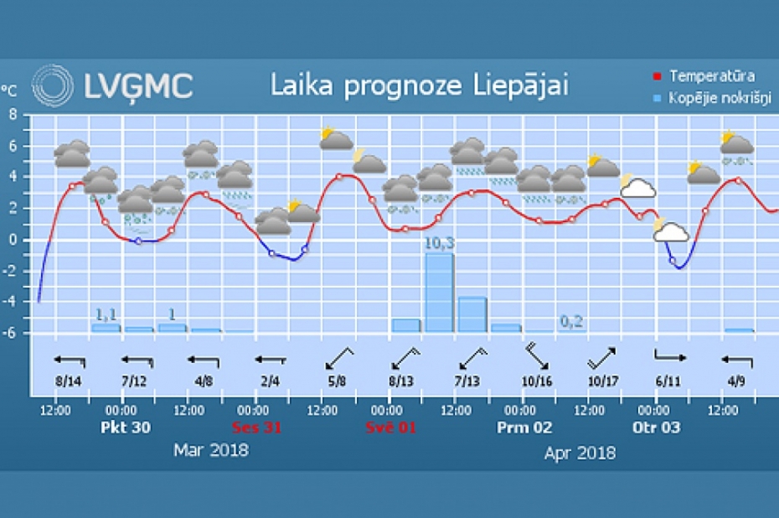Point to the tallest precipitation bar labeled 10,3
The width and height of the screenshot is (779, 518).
click(x=440, y=291)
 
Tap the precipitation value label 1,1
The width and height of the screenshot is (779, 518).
click(x=106, y=314)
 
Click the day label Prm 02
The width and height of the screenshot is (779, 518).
click(x=524, y=427)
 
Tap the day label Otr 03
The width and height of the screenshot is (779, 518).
click(x=658, y=427)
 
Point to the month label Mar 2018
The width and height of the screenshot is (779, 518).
click(x=211, y=450)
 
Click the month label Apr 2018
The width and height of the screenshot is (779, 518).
click(x=580, y=453)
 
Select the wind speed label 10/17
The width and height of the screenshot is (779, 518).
click(x=604, y=380)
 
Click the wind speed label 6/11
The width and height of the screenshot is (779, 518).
click(x=669, y=380)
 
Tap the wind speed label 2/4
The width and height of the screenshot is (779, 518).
click(x=270, y=380)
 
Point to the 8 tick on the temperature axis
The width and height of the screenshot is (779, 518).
click(x=13, y=115)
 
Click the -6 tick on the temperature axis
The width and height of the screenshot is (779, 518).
click(x=11, y=333)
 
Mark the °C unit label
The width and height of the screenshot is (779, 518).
click(x=9, y=90)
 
